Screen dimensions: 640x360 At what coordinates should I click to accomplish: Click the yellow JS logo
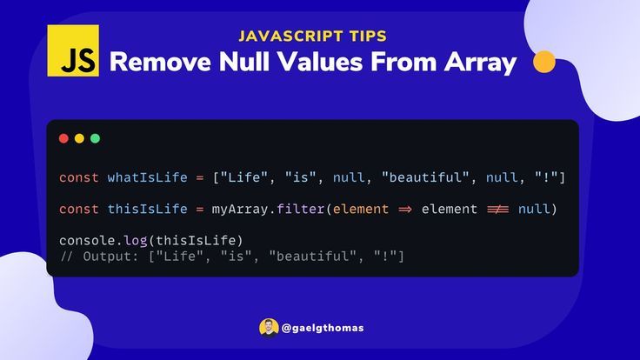click(x=73, y=50)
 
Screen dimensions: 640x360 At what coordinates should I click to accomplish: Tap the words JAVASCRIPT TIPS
click(x=313, y=37)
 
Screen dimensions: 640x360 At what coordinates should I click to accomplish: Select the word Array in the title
click(x=480, y=63)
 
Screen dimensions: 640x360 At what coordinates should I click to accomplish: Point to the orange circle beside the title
click(x=544, y=62)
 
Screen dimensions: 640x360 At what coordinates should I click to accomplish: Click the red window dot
click(x=63, y=138)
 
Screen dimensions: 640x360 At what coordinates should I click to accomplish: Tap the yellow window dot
click(x=79, y=138)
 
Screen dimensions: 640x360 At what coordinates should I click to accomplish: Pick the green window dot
click(x=95, y=138)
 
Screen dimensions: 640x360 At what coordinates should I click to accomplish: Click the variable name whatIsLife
click(x=147, y=177)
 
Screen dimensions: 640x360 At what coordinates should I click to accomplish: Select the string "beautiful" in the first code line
click(x=426, y=177)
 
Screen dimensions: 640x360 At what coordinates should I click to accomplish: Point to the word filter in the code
click(x=300, y=209)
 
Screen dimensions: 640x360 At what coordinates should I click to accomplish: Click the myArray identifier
click(x=240, y=210)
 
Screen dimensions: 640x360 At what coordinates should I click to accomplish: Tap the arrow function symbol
click(x=405, y=210)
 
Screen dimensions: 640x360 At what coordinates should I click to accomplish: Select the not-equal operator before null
click(x=498, y=210)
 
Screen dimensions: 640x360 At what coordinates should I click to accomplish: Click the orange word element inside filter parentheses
click(x=361, y=209)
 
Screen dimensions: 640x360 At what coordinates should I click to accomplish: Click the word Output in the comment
click(x=107, y=257)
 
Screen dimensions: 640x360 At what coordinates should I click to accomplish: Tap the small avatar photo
click(x=269, y=328)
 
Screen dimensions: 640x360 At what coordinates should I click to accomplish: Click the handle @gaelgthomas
click(x=323, y=328)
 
